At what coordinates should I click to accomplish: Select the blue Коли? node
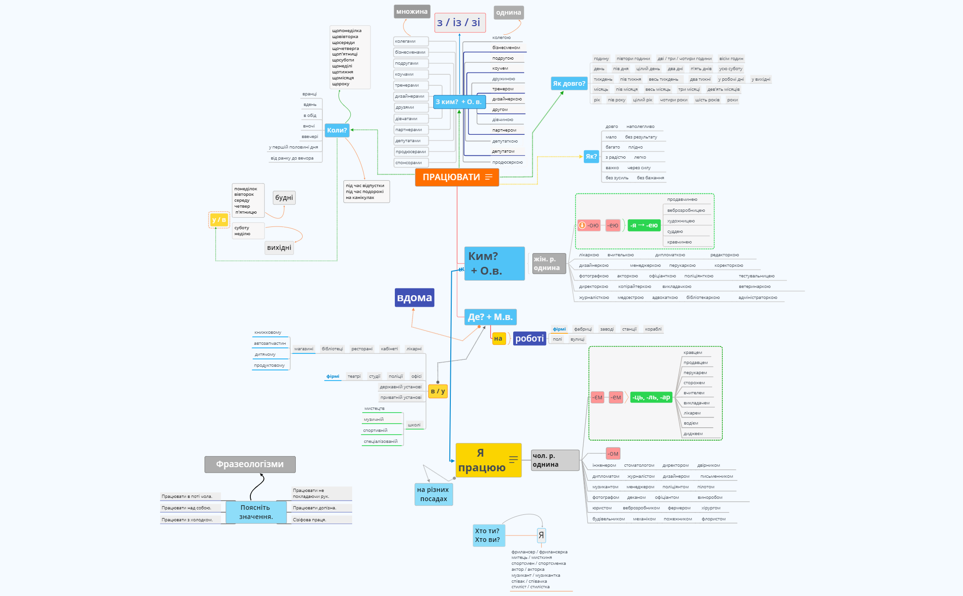[337, 130]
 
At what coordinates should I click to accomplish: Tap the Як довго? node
[569, 83]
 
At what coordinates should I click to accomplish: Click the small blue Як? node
[591, 156]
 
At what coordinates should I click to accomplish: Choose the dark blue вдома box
[414, 298]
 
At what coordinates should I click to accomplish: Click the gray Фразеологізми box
[250, 464]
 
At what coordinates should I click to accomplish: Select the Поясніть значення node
[256, 512]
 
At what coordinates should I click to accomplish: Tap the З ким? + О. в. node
[459, 102]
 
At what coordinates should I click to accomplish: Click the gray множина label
[411, 12]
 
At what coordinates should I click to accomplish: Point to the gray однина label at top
[508, 12]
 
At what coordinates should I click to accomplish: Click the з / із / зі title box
[459, 22]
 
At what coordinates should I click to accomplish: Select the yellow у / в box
[219, 220]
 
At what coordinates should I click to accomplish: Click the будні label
[284, 198]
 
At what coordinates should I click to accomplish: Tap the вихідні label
[279, 248]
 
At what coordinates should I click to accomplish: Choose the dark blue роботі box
[529, 338]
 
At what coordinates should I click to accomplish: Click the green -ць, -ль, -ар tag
[651, 397]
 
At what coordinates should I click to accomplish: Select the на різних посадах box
[433, 494]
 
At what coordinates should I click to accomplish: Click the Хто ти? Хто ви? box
[488, 535]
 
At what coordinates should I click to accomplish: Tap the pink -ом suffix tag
[613, 453]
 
